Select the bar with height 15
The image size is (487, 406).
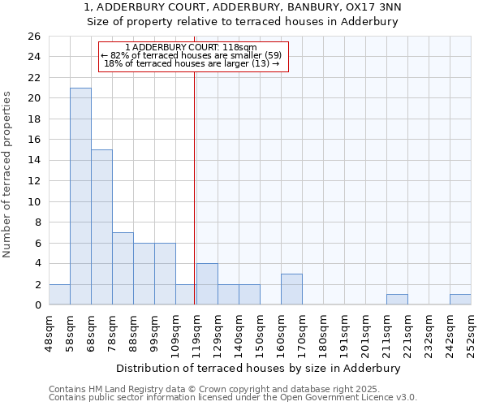101,227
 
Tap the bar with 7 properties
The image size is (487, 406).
123,268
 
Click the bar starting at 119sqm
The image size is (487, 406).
207,284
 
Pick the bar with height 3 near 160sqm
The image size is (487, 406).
291,289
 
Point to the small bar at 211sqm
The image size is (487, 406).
397,300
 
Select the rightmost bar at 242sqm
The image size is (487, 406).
460,300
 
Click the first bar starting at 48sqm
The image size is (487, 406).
59,295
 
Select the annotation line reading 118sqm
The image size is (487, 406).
192,47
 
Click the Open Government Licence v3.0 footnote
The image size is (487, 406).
341,398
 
